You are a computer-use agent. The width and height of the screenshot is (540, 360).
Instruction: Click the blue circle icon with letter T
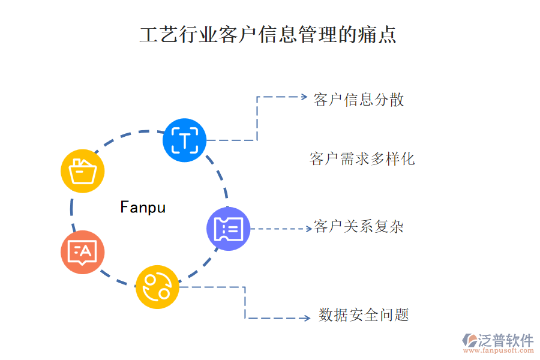point(185,140)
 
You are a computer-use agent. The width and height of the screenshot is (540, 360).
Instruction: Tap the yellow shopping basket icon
point(83,171)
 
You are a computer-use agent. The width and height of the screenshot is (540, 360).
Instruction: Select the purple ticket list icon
point(229,229)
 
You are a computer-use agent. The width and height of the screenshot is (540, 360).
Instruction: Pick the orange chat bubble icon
point(82,252)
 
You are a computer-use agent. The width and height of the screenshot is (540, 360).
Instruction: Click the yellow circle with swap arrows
point(157,287)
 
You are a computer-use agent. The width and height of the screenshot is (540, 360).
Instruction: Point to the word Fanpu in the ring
point(143,208)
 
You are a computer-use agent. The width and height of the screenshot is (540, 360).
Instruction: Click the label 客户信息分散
point(359,100)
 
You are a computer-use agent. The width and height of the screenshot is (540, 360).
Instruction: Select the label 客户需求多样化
point(362,159)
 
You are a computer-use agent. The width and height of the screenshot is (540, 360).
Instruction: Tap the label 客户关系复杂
point(359,227)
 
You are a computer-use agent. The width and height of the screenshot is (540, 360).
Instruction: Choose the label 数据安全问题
point(364,315)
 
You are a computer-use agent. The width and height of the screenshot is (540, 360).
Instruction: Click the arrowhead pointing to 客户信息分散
point(304,97)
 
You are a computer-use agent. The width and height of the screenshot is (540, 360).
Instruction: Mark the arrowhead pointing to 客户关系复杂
point(307,229)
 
